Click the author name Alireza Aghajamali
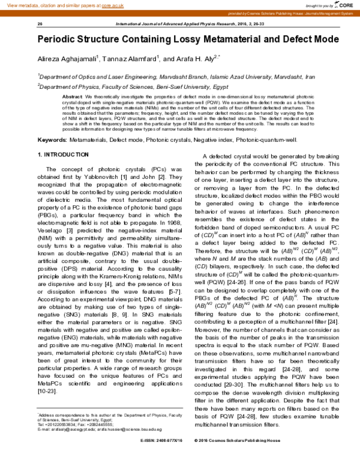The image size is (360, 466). (67, 59)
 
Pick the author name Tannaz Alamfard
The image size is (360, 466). (131, 59)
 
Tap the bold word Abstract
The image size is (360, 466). (72, 97)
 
